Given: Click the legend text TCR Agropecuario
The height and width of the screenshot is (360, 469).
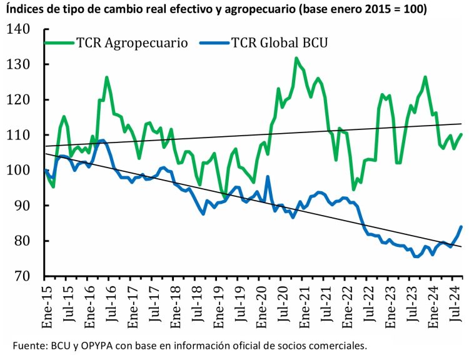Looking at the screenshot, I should pyautogui.click(x=132, y=43).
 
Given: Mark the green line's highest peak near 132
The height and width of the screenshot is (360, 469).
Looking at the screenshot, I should pyautogui.click(x=296, y=58).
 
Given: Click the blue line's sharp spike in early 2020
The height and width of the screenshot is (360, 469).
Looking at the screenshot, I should pyautogui.click(x=268, y=176).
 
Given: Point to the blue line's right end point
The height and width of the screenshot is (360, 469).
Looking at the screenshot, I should pyautogui.click(x=461, y=226).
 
